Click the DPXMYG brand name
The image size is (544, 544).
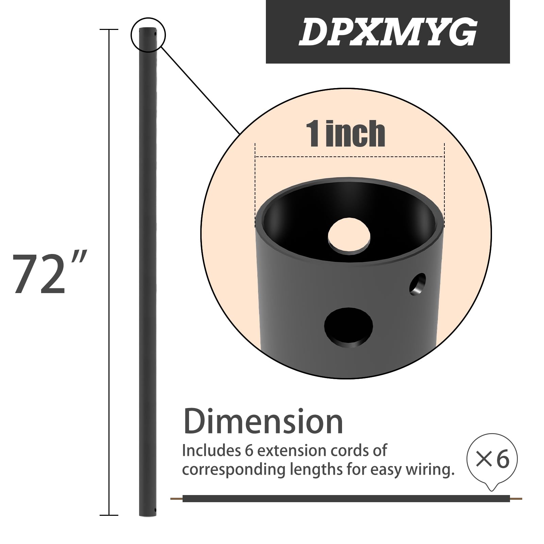click(388, 32)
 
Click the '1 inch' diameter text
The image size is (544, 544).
click(345, 134)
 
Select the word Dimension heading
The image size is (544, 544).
click(263, 422)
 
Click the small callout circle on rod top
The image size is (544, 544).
click(148, 35)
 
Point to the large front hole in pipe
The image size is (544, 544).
click(348, 327)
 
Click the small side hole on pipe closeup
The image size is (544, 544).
click(418, 284)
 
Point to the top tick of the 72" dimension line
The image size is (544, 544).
click(109, 30)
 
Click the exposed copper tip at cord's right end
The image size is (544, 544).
click(516, 499)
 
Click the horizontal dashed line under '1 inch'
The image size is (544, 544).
click(350, 157)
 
